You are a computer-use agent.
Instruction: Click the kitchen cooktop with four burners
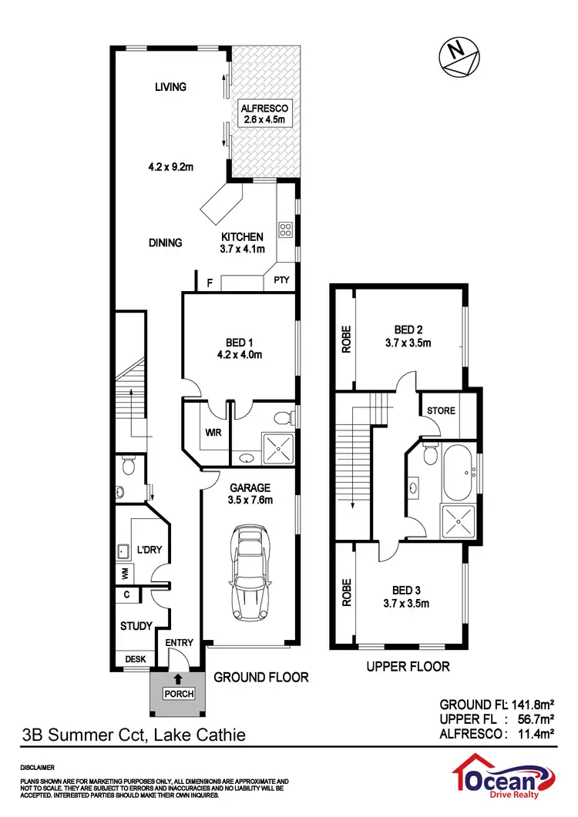(284, 229)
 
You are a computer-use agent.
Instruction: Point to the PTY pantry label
(281, 280)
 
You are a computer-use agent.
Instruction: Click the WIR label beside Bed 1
(213, 433)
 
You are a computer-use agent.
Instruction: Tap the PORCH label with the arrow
(178, 693)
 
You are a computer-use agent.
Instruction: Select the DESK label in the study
(135, 659)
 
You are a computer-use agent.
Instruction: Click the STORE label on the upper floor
(441, 410)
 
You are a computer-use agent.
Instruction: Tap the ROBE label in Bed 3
(347, 592)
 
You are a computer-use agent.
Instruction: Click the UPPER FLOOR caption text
(408, 666)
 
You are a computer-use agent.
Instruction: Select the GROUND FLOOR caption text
(260, 678)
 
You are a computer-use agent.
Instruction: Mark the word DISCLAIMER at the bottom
(37, 768)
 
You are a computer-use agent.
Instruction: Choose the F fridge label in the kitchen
(209, 283)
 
